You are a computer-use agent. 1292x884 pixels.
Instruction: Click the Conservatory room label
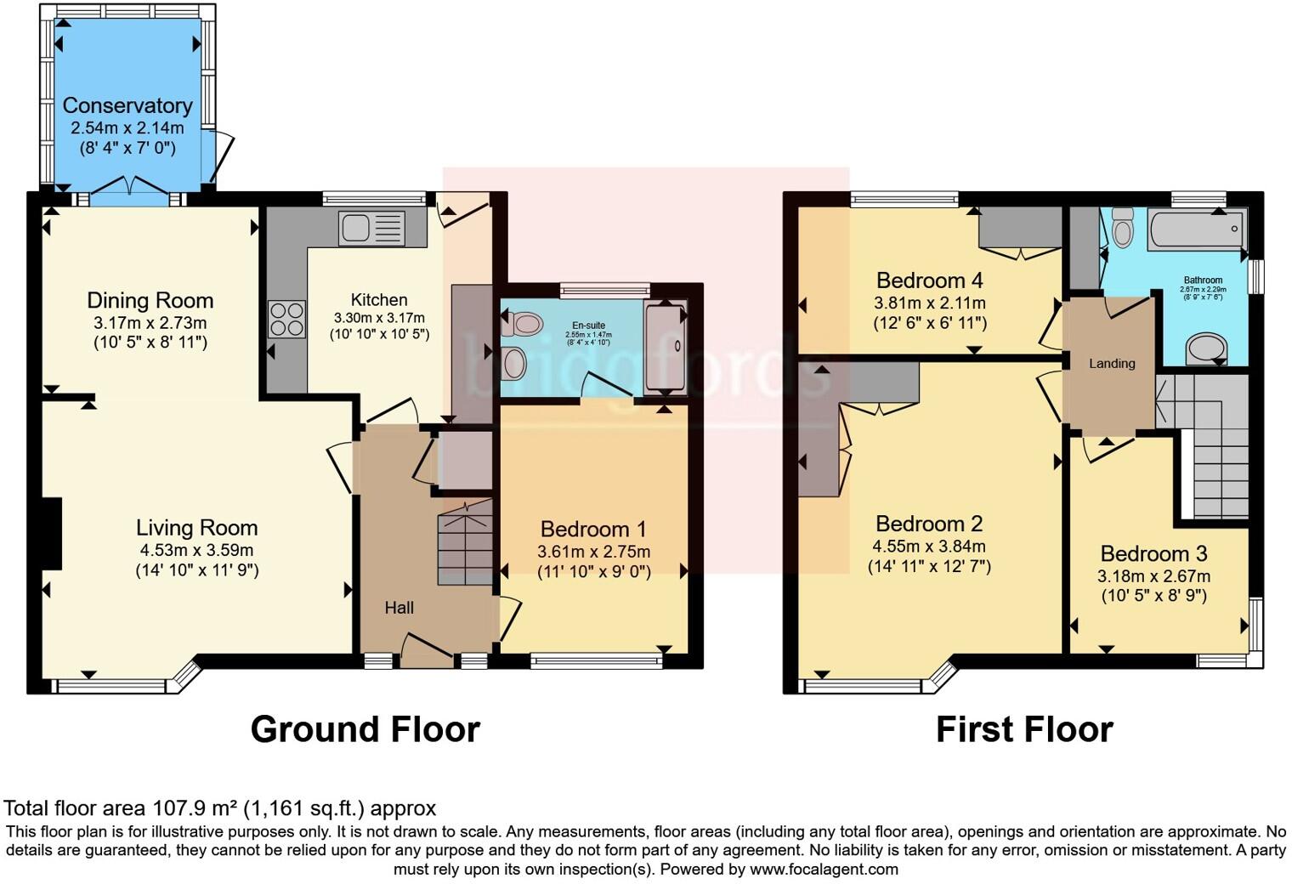pos(127,105)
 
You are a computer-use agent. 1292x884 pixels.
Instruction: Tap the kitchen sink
pos(371,228)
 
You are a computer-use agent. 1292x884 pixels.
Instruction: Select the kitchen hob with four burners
pos(286,320)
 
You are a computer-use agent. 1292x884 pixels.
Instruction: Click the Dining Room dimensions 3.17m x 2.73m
pos(150,323)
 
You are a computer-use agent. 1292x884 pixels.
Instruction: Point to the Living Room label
pos(196,527)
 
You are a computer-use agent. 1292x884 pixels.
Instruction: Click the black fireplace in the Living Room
pos(52,533)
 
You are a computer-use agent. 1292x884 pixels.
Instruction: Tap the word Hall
pos(399,608)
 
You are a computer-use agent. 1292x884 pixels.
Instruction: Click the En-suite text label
pos(588,326)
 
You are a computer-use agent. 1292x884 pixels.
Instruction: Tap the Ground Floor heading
pos(365,729)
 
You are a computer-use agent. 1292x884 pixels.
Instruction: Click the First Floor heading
pos(1023,729)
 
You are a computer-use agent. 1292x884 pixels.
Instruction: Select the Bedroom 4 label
pos(930,280)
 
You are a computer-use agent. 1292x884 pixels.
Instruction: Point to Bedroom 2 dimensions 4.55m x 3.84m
pos(929,547)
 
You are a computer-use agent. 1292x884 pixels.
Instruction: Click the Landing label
pos(1112,364)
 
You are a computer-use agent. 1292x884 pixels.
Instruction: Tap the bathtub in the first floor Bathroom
pos(1195,229)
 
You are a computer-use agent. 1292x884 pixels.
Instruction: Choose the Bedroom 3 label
pos(1153,554)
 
